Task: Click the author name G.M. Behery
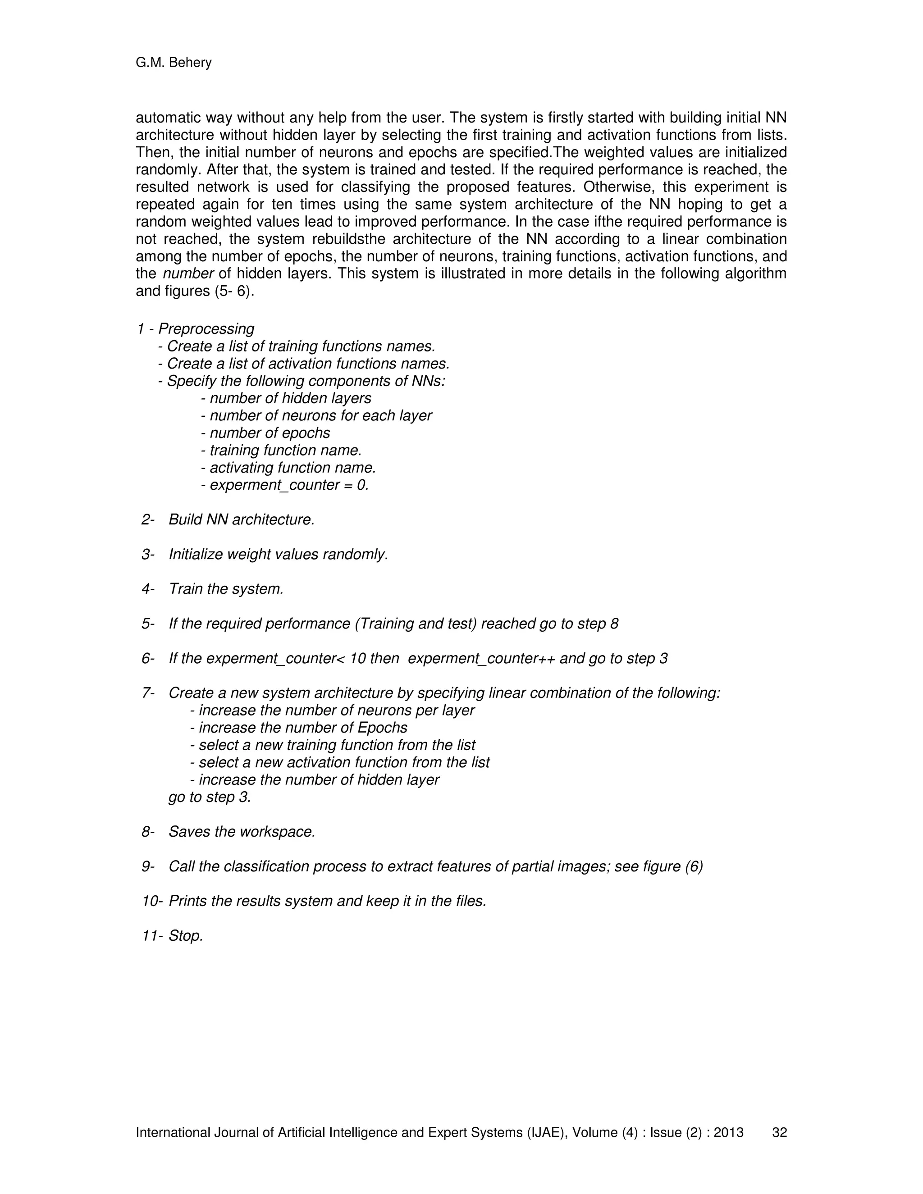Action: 174,63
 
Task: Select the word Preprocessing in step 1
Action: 206,328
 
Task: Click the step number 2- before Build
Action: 148,520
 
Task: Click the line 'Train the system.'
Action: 226,589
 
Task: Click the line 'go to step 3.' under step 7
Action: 210,797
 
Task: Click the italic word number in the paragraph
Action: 188,273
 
